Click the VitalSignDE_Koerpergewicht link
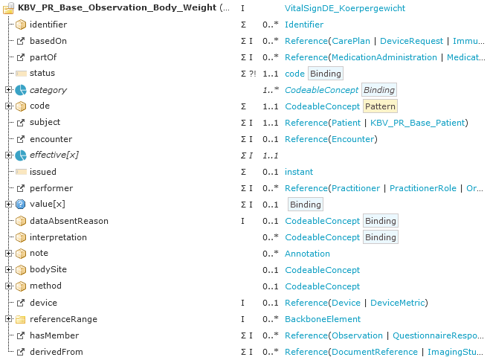pyautogui.click(x=345, y=8)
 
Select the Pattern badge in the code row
pyautogui.click(x=380, y=106)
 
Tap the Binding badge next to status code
pyautogui.click(x=326, y=74)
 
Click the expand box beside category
pyautogui.click(x=8, y=90)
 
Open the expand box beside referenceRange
pyautogui.click(x=8, y=319)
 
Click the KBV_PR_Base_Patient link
pyautogui.click(x=417, y=123)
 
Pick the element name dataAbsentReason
pyautogui.click(x=69, y=221)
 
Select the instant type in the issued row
pyautogui.click(x=299, y=172)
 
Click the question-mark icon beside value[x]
pyautogui.click(x=20, y=205)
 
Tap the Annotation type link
pyautogui.click(x=307, y=254)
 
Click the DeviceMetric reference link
pyautogui.click(x=398, y=303)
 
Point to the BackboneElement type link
pyautogui.click(x=323, y=319)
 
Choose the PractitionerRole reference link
pyautogui.click(x=423, y=188)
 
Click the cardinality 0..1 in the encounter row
pyautogui.click(x=271, y=139)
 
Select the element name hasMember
pyautogui.click(x=54, y=335)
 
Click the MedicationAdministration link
pyautogui.click(x=384, y=57)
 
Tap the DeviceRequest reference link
pyautogui.click(x=411, y=41)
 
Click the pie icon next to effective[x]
pyautogui.click(x=21, y=155)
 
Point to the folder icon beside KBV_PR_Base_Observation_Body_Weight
pyautogui.click(x=8, y=8)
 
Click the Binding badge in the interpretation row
pyautogui.click(x=380, y=237)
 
